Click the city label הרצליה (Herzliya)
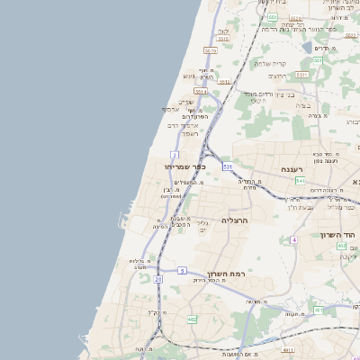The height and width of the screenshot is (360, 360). click(x=234, y=220)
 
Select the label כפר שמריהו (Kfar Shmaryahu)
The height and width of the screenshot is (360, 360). click(x=185, y=166)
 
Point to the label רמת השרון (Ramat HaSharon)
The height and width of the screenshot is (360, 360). click(x=233, y=274)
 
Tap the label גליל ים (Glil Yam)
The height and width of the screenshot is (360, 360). click(x=202, y=227)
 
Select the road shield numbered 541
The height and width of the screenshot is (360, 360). click(x=300, y=181)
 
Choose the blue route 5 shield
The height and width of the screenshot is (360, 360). click(x=182, y=270)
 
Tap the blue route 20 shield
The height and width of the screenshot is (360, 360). click(x=158, y=280)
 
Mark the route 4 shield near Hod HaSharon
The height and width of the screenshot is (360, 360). click(x=293, y=240)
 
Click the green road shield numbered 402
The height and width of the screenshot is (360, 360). click(x=343, y=245)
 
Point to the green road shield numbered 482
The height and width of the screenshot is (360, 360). click(x=192, y=319)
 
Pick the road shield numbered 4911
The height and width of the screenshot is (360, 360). click(x=288, y=349)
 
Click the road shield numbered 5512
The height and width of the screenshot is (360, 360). click(x=225, y=82)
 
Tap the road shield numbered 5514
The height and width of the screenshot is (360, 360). click(x=200, y=91)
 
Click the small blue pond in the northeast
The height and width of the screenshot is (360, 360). click(x=307, y=47)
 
